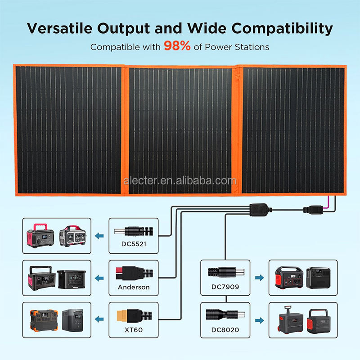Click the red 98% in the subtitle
pos(177,46)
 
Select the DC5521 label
pos(133,244)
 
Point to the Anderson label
pos(134,287)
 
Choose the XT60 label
pos(133,329)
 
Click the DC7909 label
pos(225,287)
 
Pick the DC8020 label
pos(225,329)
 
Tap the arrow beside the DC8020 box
pos(259,320)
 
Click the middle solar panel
pos(180,130)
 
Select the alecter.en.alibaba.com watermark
pos(180,181)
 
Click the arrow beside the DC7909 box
pos(259,278)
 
